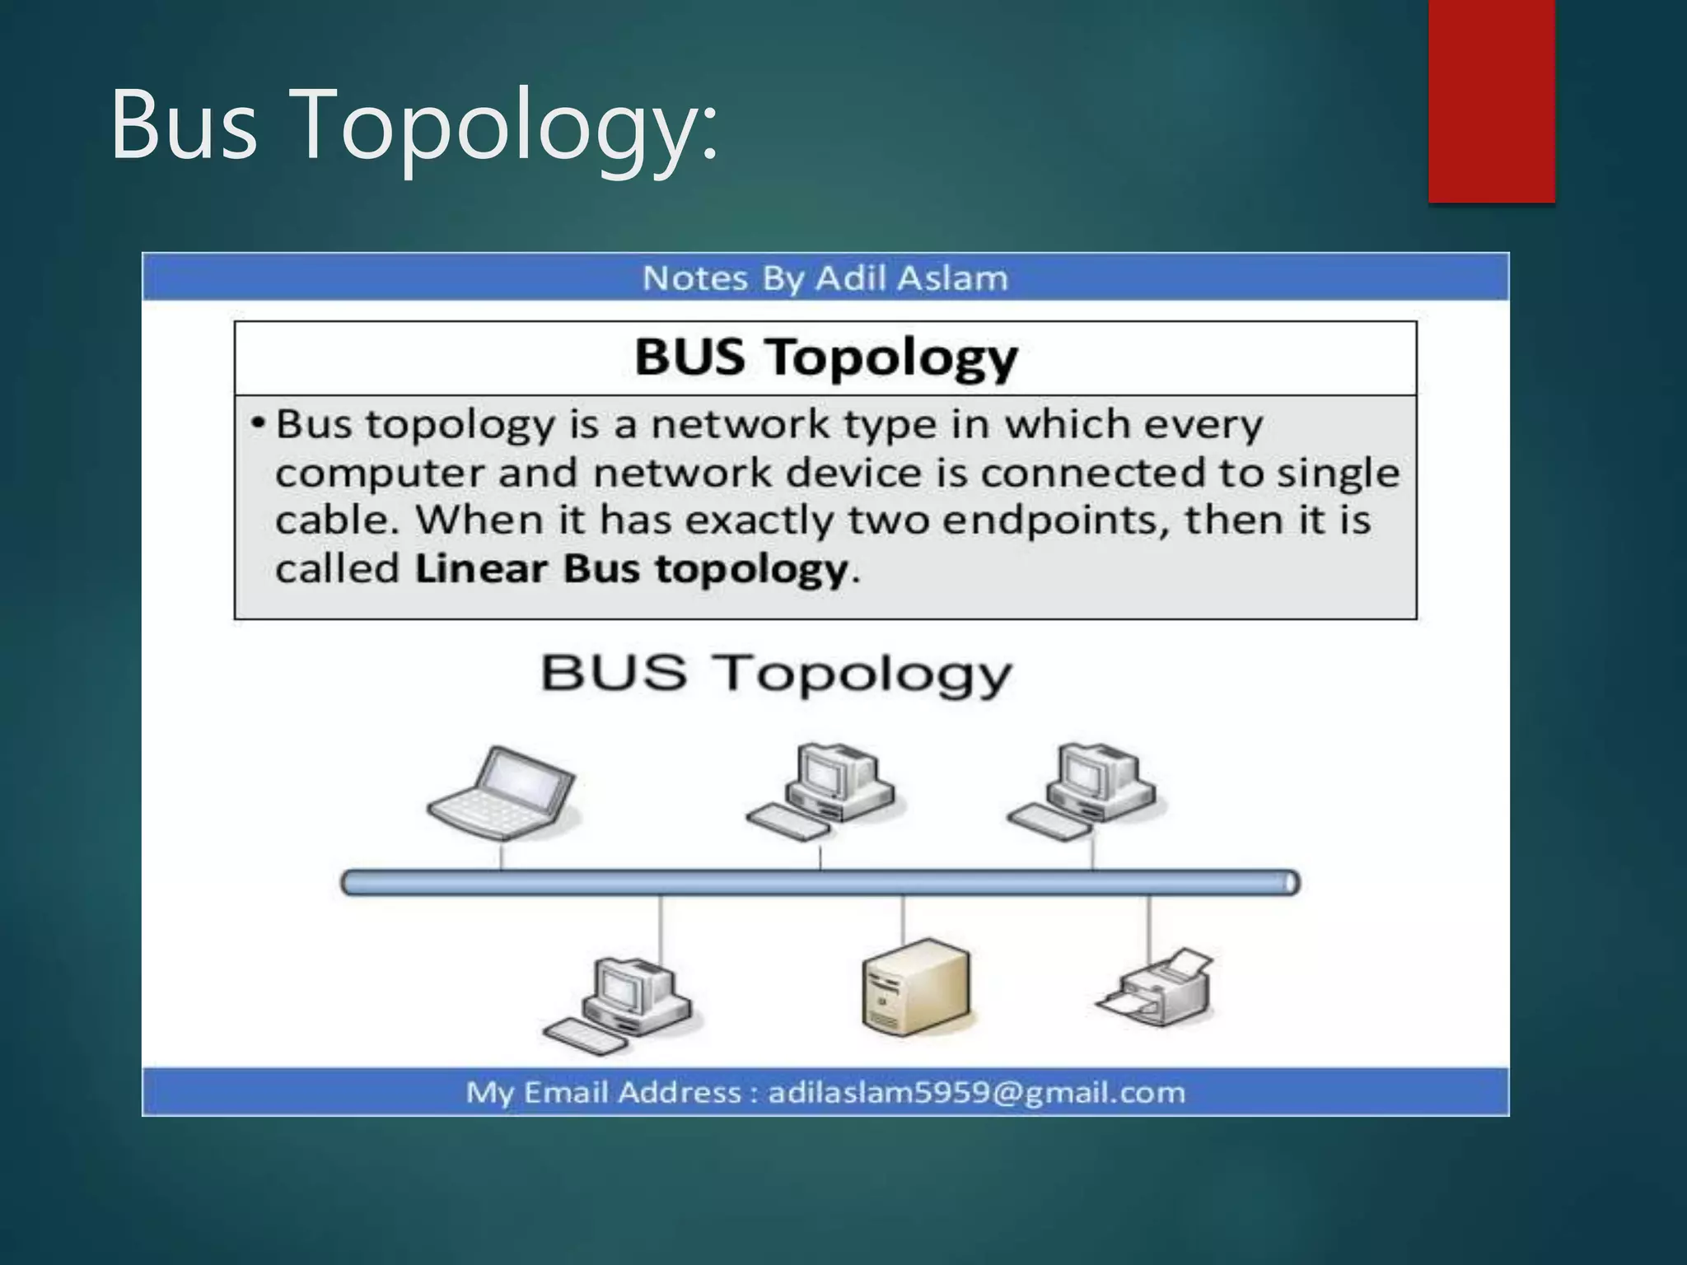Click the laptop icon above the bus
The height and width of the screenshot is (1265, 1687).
click(x=502, y=792)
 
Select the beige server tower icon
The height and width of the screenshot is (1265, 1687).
click(x=916, y=987)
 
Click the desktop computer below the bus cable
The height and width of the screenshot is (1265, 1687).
click(x=619, y=1005)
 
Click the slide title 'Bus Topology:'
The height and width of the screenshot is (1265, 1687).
click(x=414, y=125)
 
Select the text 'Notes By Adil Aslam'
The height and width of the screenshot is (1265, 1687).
click(x=825, y=278)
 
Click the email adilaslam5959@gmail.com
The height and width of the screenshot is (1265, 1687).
click(x=976, y=1092)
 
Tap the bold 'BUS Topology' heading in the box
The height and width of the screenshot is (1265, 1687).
click(x=825, y=358)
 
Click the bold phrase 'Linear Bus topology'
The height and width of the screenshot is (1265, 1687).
click(x=631, y=569)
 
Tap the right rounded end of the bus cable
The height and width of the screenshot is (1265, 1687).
click(x=1291, y=883)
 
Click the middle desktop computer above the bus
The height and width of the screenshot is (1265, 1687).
click(x=822, y=791)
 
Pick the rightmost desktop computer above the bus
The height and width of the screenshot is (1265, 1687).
click(x=1082, y=791)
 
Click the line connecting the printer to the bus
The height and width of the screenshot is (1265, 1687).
click(x=1148, y=927)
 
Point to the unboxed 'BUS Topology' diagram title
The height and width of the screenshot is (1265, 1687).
click(x=775, y=674)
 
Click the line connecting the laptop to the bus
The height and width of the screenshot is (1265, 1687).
click(x=501, y=855)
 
